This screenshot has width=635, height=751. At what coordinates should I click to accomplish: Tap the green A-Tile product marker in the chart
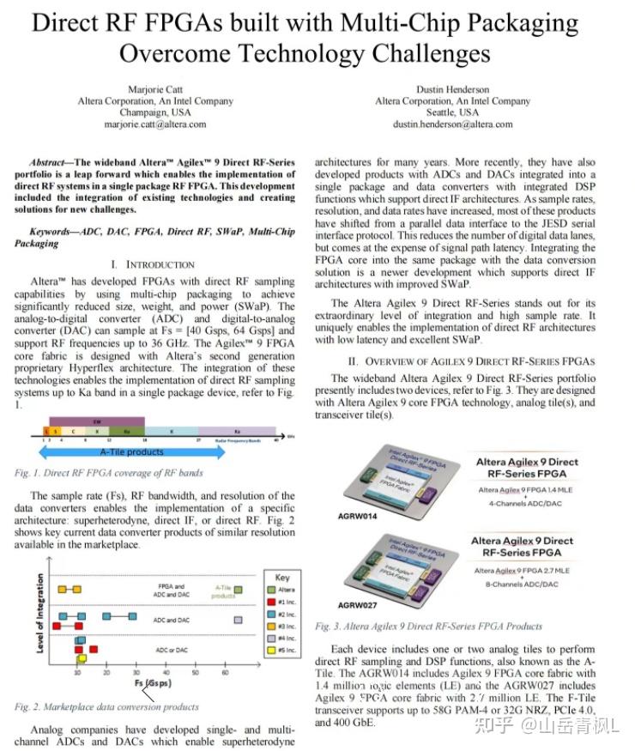[x=239, y=589]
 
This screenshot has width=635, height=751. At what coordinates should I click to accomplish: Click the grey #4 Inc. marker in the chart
[x=238, y=619]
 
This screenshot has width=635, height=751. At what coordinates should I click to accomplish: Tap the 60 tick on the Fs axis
[x=226, y=672]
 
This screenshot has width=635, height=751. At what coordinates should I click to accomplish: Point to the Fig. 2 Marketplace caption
[x=106, y=707]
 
